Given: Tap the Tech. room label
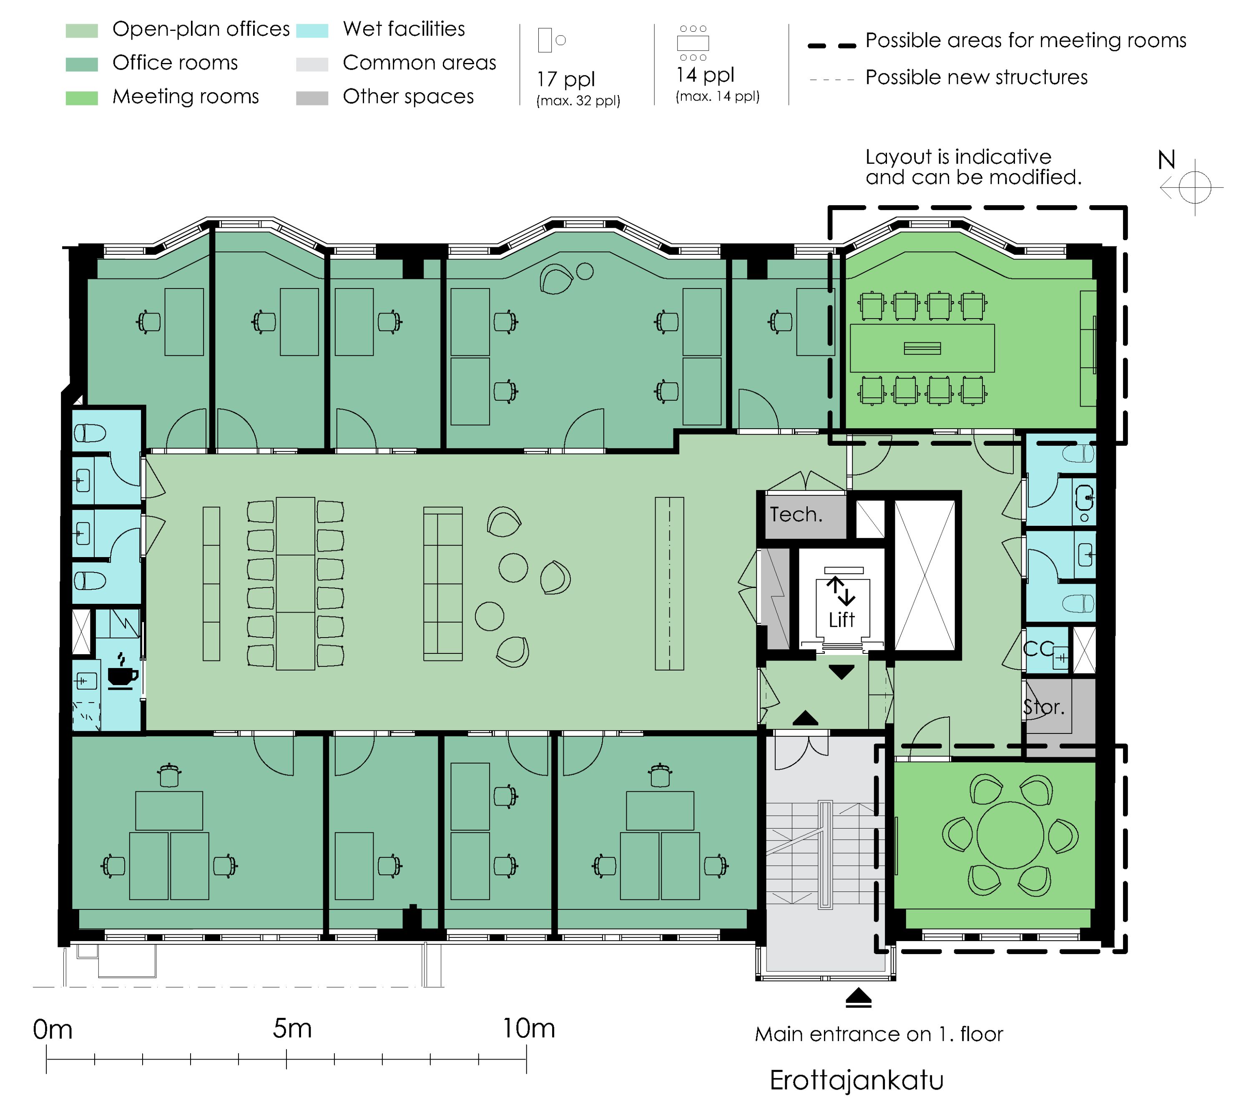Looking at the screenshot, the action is coord(796,514).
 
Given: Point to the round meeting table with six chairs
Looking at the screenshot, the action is coord(1010,834).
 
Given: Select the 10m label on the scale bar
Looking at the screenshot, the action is coord(529,1028).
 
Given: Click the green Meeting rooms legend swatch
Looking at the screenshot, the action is coord(81,98).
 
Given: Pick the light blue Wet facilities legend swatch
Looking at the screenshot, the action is coord(312,30).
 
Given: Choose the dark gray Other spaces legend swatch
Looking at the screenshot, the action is coord(312,98).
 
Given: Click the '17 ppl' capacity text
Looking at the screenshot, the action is coord(565,80).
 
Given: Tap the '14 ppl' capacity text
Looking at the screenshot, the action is coord(705,75).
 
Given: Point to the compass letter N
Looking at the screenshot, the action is coord(1166,160).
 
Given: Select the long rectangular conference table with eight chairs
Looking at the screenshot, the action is coord(922,348).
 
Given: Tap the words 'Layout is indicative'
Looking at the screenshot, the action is coord(958,157).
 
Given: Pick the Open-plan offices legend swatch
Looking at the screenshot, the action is coord(81,30).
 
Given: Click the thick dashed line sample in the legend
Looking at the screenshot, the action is coord(831,45).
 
